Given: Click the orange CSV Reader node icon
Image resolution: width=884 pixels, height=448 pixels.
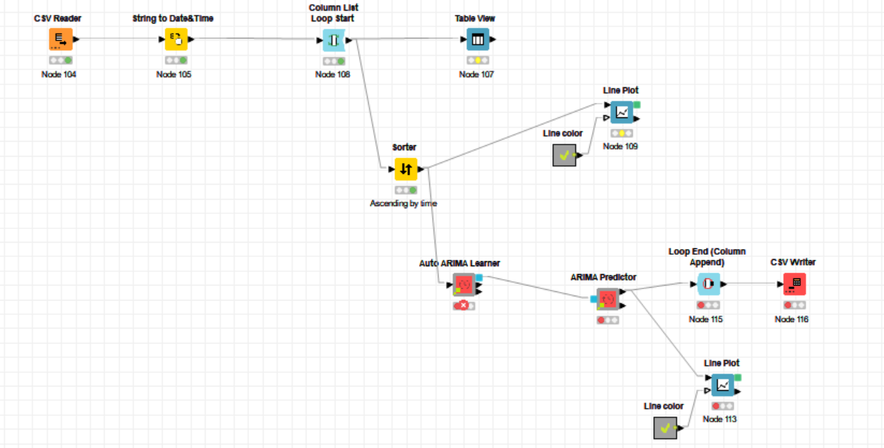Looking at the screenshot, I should [61, 40].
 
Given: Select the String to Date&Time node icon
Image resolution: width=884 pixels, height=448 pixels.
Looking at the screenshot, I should [176, 40].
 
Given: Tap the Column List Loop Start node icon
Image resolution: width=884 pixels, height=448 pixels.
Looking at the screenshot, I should [334, 40].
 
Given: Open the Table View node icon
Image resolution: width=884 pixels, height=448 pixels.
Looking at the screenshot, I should [477, 40].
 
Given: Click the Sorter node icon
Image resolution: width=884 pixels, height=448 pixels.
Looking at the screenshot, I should [406, 170].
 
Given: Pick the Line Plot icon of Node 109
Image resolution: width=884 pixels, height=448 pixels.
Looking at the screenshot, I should [621, 112].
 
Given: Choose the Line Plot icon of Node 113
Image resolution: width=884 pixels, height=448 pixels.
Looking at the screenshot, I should [722, 385].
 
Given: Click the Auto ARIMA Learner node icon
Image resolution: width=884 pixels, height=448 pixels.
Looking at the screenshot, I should [464, 285].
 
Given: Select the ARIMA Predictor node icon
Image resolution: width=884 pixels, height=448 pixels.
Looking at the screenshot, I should [608, 298].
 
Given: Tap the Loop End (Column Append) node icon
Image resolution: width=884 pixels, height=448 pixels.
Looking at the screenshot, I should [709, 284].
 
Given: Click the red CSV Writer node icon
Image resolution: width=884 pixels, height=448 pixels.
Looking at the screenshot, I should [795, 284].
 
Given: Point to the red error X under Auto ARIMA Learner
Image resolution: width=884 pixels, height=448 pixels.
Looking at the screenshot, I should [464, 306].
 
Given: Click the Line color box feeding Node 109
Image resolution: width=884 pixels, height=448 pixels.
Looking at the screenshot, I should [564, 155].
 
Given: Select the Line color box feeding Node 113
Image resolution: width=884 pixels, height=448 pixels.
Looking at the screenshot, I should [665, 428].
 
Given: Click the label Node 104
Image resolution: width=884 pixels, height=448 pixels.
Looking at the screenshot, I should [59, 74].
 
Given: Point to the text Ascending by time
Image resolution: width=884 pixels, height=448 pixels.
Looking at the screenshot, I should [403, 203].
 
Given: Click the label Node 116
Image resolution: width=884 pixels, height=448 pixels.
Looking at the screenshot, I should [792, 319].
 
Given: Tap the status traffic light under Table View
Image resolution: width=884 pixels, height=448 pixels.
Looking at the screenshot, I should [477, 61].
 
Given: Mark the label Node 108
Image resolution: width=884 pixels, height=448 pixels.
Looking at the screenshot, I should [333, 74].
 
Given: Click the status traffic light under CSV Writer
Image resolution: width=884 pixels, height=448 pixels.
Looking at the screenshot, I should [795, 305].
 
